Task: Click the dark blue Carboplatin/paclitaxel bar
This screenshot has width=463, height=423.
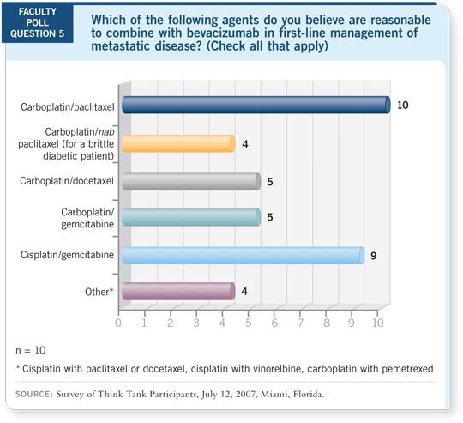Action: (256, 106)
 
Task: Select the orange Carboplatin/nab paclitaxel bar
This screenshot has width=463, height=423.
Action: (177, 143)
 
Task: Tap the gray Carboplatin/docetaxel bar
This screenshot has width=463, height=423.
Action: (190, 181)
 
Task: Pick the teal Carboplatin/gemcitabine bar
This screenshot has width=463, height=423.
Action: (190, 217)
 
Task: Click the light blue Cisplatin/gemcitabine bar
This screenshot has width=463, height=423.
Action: (243, 255)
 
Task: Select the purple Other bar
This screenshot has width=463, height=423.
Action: (177, 292)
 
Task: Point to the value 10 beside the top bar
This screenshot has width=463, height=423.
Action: (402, 105)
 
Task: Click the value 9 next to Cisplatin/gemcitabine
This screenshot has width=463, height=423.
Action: (374, 255)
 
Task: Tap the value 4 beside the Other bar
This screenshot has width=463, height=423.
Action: (245, 292)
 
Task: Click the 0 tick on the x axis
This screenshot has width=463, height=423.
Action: (117, 324)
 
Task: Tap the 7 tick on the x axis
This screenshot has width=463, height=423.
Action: (300, 324)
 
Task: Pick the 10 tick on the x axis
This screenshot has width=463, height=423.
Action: (377, 324)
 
